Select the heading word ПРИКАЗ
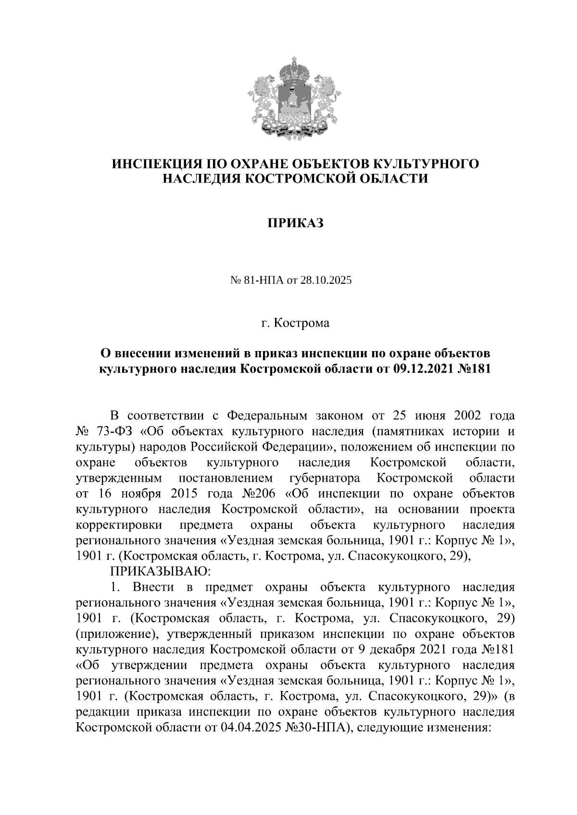(295, 223)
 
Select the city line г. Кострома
(295, 323)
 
